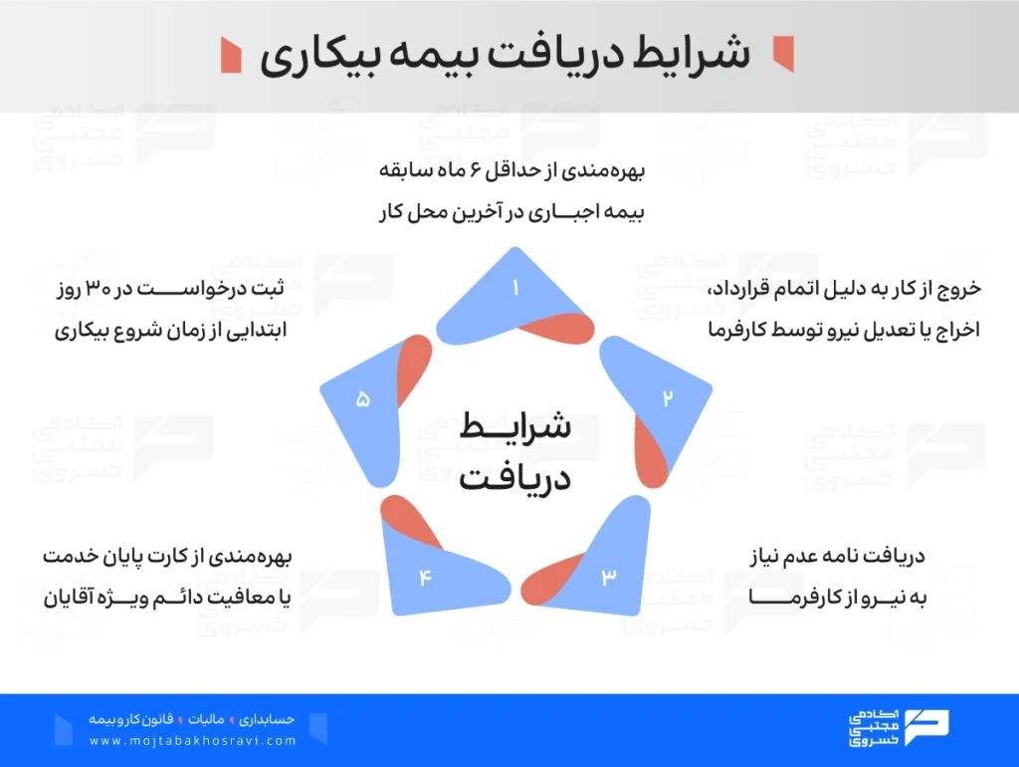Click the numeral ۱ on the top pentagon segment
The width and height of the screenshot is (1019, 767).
(x=515, y=287)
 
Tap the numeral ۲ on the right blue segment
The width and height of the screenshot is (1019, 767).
(x=667, y=398)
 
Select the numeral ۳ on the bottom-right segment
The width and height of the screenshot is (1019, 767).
(x=608, y=576)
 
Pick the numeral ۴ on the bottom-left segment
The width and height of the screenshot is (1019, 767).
(x=425, y=577)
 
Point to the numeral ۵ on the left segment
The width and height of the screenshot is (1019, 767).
(x=362, y=398)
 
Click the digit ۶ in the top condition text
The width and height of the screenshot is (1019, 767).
(x=477, y=170)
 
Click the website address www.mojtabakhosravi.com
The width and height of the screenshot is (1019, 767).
(x=193, y=741)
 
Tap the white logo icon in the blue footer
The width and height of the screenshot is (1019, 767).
(x=926, y=727)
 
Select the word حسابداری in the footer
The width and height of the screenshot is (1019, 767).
(x=267, y=719)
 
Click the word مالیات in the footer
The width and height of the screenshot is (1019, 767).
(x=206, y=719)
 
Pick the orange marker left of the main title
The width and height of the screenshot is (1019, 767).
(x=231, y=56)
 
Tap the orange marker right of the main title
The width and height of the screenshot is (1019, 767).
(x=783, y=54)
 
